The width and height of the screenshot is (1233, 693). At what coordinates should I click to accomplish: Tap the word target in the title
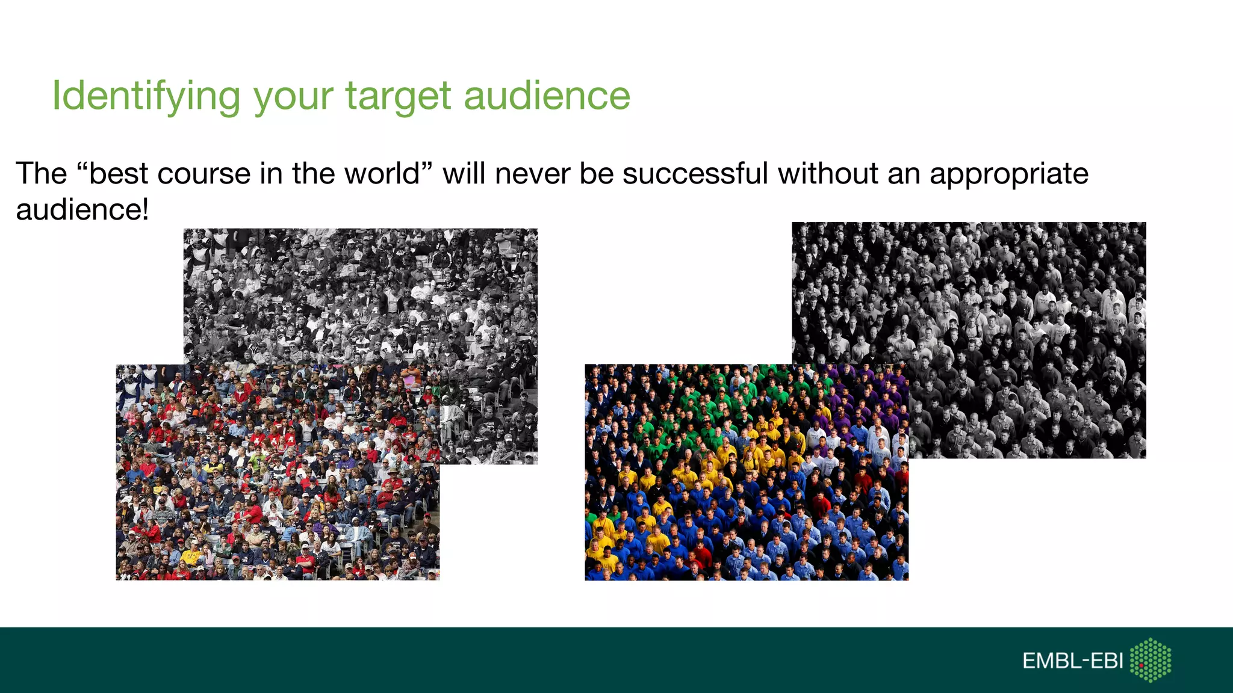tap(398, 96)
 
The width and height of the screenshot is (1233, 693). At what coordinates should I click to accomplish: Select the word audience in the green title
tap(547, 96)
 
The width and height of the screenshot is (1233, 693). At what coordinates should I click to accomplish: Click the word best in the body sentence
tap(118, 174)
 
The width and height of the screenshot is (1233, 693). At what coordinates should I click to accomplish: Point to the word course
tap(204, 174)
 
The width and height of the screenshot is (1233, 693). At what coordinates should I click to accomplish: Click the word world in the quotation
tap(382, 174)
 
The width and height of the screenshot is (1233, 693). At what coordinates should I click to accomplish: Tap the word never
tap(532, 174)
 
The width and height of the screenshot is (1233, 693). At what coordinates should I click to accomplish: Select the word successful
tap(695, 174)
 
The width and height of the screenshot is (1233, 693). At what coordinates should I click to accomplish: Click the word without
tap(828, 174)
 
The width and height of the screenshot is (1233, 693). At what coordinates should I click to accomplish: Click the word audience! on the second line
tap(82, 210)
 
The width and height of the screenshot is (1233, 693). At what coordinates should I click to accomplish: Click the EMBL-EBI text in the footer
tap(1072, 661)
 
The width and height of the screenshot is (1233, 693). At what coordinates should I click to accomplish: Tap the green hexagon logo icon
tap(1151, 660)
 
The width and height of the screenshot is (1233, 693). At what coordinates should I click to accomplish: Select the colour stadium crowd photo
tap(277, 481)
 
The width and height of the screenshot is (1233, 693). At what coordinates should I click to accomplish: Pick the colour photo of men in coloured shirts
tap(747, 481)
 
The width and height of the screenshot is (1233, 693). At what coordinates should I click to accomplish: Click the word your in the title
tap(293, 96)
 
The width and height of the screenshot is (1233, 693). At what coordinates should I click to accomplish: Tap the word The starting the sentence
tap(41, 174)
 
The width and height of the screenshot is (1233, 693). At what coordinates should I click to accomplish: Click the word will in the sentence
tap(464, 174)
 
